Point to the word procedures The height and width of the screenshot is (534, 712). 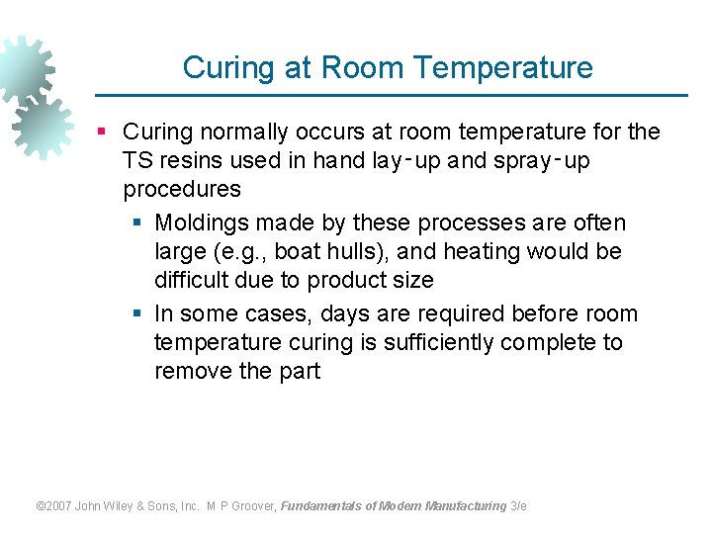point(182,189)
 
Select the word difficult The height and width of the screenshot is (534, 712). point(195,280)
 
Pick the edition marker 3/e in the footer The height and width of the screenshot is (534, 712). point(518,505)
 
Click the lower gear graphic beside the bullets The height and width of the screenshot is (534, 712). point(42,126)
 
